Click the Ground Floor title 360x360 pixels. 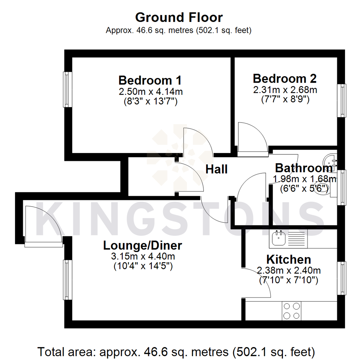[x=179, y=17]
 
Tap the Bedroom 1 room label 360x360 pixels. [x=150, y=80]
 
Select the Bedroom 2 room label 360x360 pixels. [x=285, y=79]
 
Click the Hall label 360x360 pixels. [x=216, y=169]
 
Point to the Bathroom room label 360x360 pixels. [x=303, y=167]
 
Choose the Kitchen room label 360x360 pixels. [x=289, y=259]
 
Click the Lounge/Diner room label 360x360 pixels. [x=143, y=246]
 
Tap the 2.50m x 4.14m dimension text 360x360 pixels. [x=150, y=91]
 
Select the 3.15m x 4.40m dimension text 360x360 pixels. [x=143, y=257]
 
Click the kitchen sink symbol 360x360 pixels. [x=277, y=238]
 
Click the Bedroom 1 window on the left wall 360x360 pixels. [x=68, y=89]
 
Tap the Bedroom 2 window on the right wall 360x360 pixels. [x=341, y=100]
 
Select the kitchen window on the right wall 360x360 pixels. [x=341, y=278]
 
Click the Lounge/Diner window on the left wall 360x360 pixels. [x=68, y=280]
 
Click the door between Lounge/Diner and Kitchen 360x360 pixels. [x=257, y=283]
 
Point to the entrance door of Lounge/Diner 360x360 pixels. [x=43, y=227]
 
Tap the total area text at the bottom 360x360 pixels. [x=176, y=351]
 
